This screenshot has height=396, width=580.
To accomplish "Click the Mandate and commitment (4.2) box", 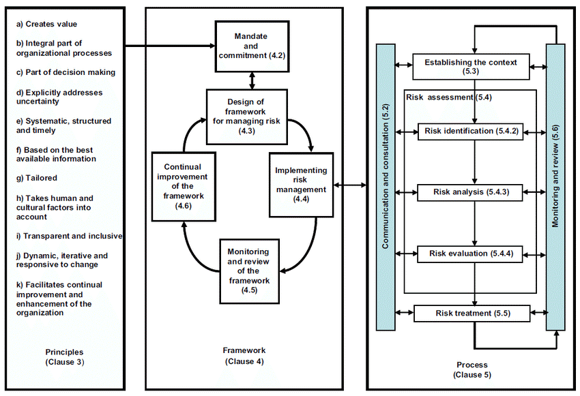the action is (x=252, y=46).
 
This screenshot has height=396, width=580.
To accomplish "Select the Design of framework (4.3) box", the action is (x=247, y=117).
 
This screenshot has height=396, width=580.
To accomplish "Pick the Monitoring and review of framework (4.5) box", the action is (x=249, y=271).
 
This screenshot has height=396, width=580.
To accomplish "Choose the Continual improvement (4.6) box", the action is (x=184, y=187).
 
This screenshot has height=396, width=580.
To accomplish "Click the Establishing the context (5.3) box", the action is (x=471, y=67).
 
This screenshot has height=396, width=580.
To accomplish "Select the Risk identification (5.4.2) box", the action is (x=471, y=132).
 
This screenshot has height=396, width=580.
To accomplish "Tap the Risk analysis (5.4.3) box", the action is (x=470, y=192).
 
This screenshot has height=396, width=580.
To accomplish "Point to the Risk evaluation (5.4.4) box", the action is (x=470, y=254).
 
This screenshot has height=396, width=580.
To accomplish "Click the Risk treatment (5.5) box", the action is (x=472, y=314).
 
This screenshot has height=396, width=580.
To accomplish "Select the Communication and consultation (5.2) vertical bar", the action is (x=386, y=187).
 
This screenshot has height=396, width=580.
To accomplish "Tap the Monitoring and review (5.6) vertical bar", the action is (x=555, y=187).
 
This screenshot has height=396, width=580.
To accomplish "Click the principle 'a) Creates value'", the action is (x=46, y=25).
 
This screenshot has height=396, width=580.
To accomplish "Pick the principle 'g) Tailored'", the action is (x=37, y=178).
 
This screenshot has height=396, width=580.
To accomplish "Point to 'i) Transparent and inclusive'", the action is (x=69, y=236).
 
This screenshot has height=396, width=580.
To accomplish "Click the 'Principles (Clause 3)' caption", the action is (x=64, y=357).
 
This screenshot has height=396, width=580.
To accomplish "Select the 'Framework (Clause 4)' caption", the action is (x=244, y=356).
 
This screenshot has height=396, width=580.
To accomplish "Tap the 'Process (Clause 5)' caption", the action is (x=472, y=370).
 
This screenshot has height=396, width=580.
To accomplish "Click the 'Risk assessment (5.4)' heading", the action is (x=449, y=97).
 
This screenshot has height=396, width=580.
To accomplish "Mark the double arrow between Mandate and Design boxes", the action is (x=252, y=80).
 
